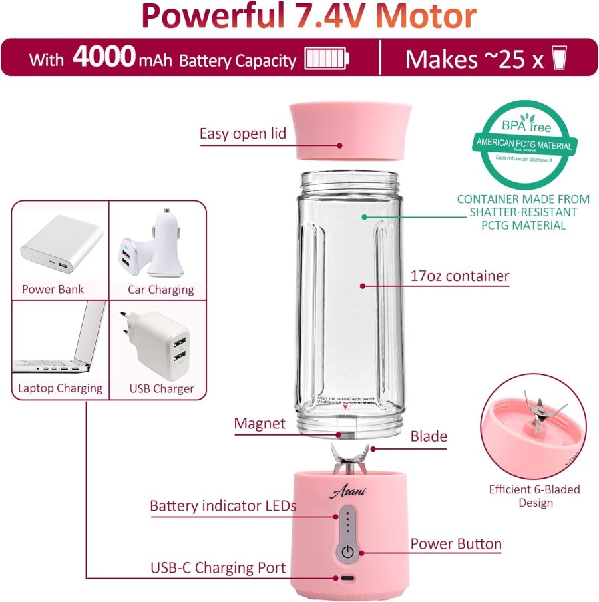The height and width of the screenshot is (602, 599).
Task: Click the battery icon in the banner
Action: (327, 59)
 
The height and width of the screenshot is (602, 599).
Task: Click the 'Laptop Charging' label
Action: (61, 388)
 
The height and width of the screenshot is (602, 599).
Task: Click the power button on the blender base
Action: (347, 552)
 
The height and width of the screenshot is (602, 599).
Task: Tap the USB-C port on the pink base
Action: (347, 579)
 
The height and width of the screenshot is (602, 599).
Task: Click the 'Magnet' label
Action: (260, 424)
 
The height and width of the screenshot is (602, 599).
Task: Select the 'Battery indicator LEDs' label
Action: (223, 506)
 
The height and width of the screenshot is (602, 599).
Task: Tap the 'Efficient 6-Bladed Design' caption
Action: (534, 496)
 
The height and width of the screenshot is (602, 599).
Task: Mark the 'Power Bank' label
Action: (53, 289)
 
